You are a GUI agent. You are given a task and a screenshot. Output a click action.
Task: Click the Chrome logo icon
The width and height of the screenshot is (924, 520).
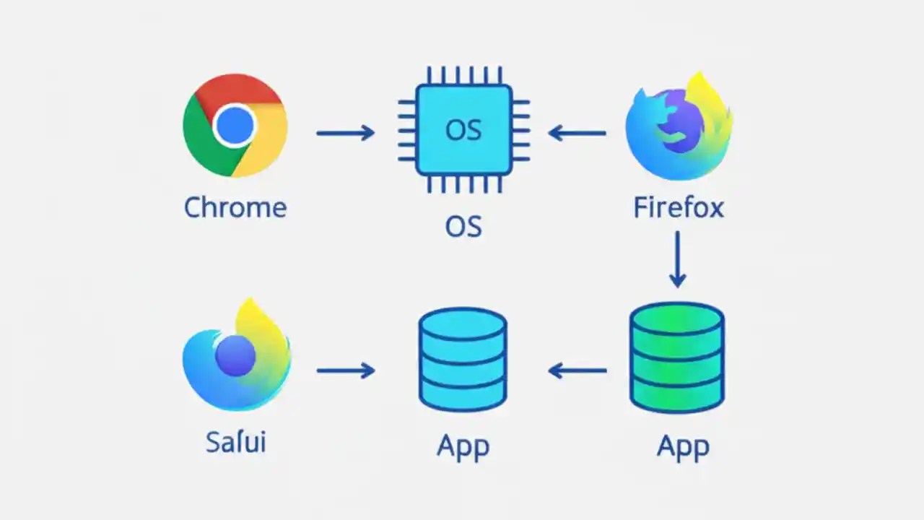point(235,126)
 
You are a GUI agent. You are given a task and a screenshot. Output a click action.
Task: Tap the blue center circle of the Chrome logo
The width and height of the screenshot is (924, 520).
point(235,126)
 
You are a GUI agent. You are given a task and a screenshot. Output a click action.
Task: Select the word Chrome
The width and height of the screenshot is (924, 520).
point(235,207)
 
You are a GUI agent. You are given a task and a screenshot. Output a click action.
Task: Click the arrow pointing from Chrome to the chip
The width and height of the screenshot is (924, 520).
point(345,132)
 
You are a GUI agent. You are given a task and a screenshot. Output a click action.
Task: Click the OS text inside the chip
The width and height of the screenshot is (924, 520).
point(463,130)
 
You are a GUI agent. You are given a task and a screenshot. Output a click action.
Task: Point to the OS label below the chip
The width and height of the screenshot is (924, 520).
point(463,226)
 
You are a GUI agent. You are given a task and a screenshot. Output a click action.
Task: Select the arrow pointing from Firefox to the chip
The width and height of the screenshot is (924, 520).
point(577,132)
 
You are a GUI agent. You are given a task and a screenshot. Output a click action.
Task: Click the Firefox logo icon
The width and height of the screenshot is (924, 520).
point(678,126)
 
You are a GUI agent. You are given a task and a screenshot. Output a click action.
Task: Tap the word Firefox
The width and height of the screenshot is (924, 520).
point(678,208)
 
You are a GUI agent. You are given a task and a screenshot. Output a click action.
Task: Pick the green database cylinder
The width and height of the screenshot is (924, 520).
point(677,357)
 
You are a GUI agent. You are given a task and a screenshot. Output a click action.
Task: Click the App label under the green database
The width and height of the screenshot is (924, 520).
point(683,446)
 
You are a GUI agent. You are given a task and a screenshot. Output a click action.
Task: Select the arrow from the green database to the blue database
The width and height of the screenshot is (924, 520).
point(577,370)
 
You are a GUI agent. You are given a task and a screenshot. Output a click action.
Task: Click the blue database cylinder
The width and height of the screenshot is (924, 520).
point(463,359)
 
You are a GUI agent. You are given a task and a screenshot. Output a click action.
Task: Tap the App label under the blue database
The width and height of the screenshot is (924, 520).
point(463,446)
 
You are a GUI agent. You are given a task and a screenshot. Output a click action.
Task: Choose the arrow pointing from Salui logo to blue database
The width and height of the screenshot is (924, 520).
point(345,370)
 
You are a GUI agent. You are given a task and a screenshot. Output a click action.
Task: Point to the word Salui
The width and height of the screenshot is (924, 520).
point(235,442)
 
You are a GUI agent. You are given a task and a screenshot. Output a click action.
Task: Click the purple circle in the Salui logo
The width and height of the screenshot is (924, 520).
point(235,355)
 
